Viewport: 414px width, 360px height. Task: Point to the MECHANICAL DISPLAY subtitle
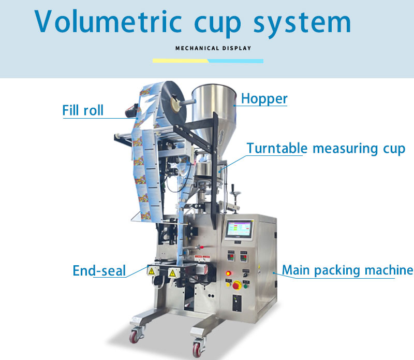(213, 48)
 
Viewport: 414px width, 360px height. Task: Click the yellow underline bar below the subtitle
(180, 61)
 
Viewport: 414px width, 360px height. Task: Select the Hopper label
(264, 98)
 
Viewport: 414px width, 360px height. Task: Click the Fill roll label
(83, 110)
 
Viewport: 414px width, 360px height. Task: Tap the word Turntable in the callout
(277, 148)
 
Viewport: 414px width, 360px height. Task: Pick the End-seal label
(99, 270)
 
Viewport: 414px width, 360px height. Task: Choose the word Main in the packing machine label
(294, 270)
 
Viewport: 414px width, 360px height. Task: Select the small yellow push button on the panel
(228, 283)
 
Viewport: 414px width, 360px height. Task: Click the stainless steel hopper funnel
(212, 111)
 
